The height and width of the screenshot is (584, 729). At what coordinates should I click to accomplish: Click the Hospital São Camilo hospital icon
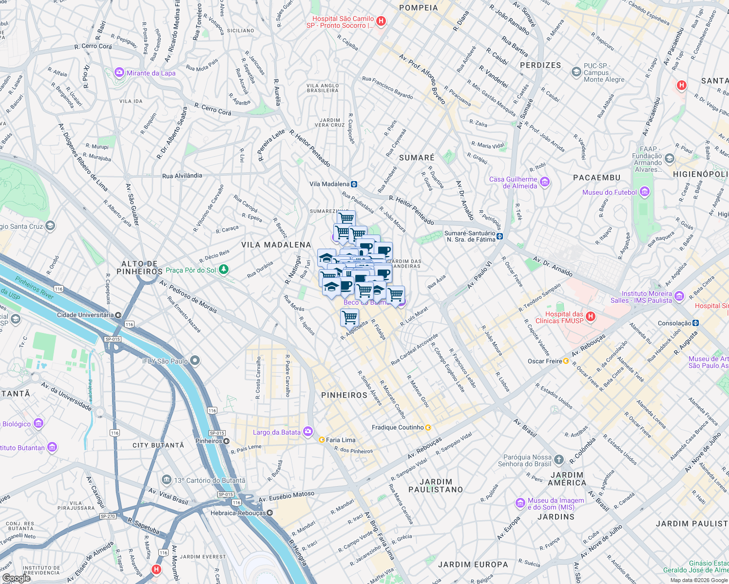381,21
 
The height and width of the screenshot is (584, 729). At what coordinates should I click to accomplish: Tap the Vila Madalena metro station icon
354,184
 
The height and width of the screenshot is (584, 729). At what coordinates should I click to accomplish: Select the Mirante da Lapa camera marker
119,73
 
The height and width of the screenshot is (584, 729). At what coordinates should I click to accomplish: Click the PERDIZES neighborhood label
540,65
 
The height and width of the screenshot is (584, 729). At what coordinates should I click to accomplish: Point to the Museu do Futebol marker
644,192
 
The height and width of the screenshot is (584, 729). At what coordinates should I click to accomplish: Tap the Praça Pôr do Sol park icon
223,269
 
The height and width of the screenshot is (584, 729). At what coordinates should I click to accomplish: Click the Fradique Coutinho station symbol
428,427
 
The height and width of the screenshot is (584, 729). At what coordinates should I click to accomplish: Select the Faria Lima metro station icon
322,439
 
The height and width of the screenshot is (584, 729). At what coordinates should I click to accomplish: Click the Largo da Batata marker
307,432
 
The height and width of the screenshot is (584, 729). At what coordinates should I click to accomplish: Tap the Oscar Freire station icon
566,361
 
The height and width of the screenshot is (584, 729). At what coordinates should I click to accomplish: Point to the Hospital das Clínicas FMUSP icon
591,317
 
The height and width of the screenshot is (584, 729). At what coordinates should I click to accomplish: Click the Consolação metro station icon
696,323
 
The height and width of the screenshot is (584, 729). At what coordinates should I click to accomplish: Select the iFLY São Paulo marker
195,361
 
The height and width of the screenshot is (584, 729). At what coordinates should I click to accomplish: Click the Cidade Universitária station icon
118,315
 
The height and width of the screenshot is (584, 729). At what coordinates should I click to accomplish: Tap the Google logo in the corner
16,578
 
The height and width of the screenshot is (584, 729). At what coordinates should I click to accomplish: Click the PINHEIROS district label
344,395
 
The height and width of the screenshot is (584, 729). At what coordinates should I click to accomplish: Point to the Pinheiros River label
34,288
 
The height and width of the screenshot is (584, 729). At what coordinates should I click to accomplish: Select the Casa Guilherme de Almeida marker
545,182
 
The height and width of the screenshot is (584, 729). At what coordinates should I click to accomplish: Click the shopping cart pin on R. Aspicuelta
349,317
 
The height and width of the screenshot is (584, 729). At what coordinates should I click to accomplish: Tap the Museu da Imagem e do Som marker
520,503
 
